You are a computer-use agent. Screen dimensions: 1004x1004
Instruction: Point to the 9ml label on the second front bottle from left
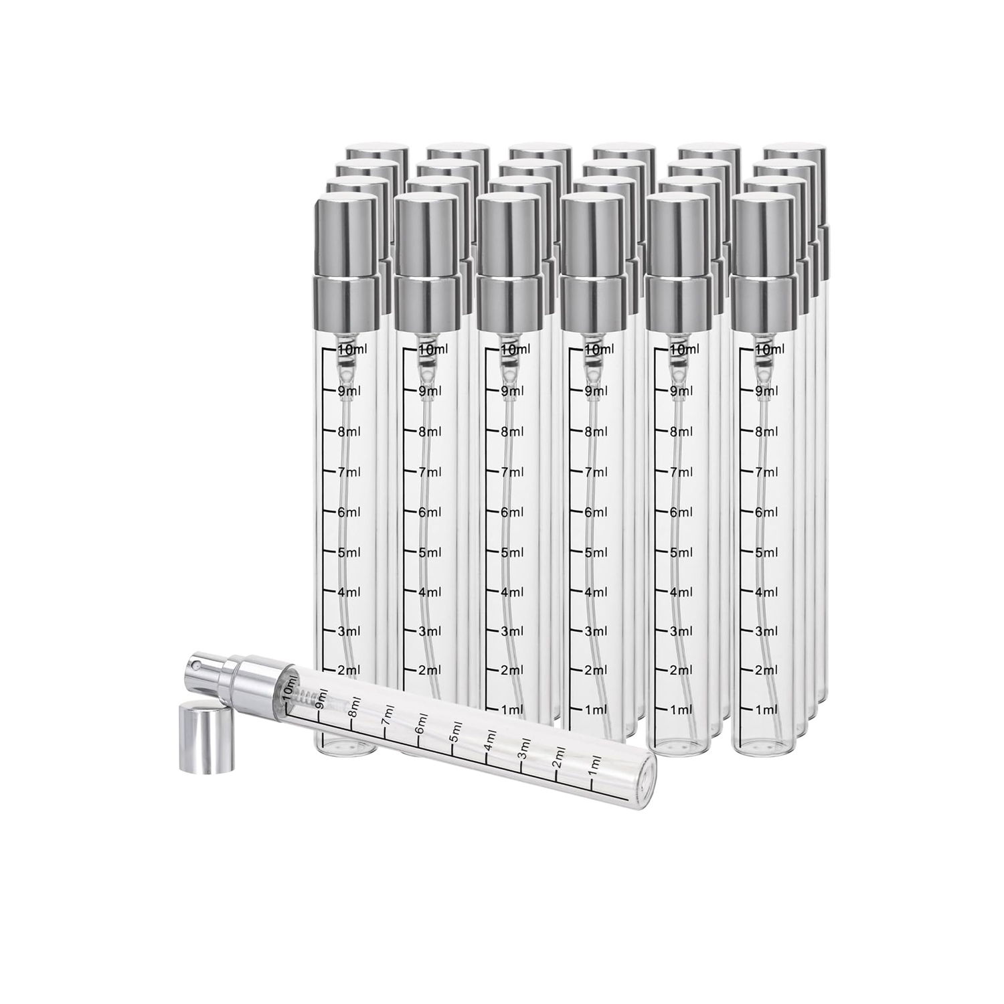(x=430, y=390)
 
